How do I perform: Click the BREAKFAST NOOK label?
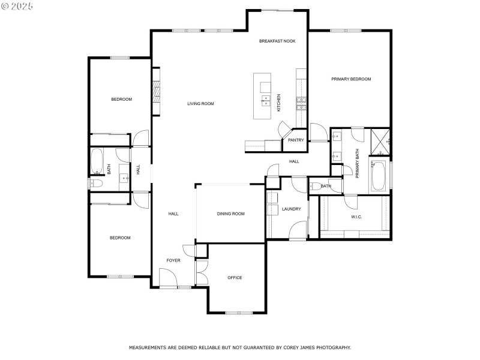pyautogui.click(x=278, y=41)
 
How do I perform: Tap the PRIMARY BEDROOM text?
pyautogui.click(x=352, y=79)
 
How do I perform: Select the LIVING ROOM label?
pyautogui.click(x=200, y=104)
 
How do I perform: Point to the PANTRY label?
pyautogui.click(x=296, y=140)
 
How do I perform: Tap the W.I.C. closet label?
pyautogui.click(x=356, y=217)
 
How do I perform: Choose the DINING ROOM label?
pyautogui.click(x=230, y=214)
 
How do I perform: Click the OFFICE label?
pyautogui.click(x=235, y=278)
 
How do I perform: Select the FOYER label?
pyautogui.click(x=173, y=260)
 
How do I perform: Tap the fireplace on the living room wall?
pyautogui.click(x=155, y=91)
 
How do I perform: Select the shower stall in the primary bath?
pyautogui.click(x=380, y=140)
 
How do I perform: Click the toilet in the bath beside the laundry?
pyautogui.click(x=315, y=186)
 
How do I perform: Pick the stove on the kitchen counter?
pyautogui.click(x=301, y=104)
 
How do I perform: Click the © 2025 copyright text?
pyautogui.click(x=17, y=5)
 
